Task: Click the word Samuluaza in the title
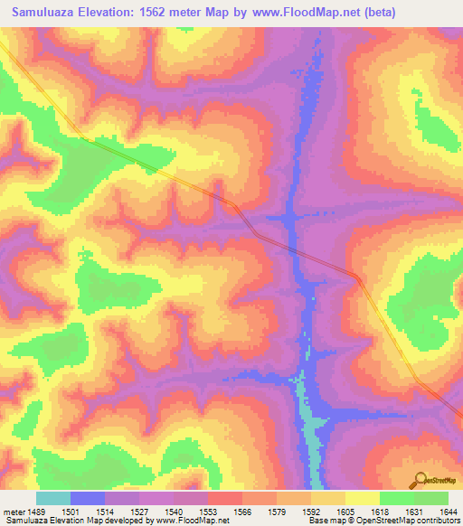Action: point(44,12)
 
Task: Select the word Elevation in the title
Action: point(112,12)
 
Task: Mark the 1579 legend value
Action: point(278,511)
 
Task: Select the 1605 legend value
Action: point(345,511)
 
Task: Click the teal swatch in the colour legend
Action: point(53,498)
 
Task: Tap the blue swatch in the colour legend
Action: point(88,498)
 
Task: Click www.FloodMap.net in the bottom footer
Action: point(193,521)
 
